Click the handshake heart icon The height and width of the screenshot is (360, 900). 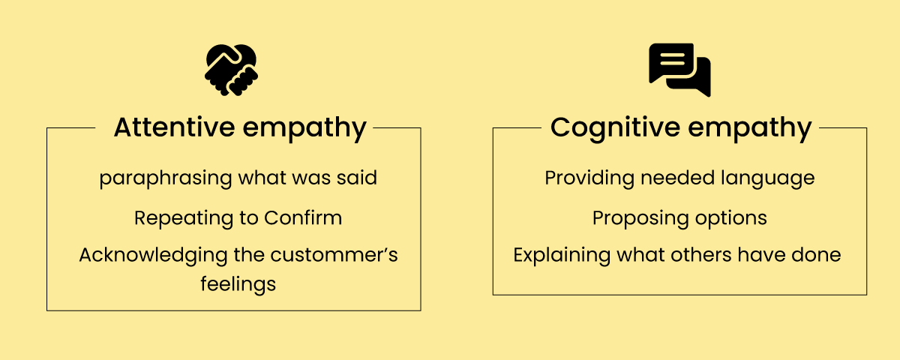pyautogui.click(x=231, y=70)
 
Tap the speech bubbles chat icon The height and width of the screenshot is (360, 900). pyautogui.click(x=679, y=70)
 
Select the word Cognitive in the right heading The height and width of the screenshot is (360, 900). pyautogui.click(x=615, y=127)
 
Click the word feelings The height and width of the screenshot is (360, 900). pyautogui.click(x=238, y=285)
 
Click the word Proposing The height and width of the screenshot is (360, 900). pyautogui.click(x=634, y=218)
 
